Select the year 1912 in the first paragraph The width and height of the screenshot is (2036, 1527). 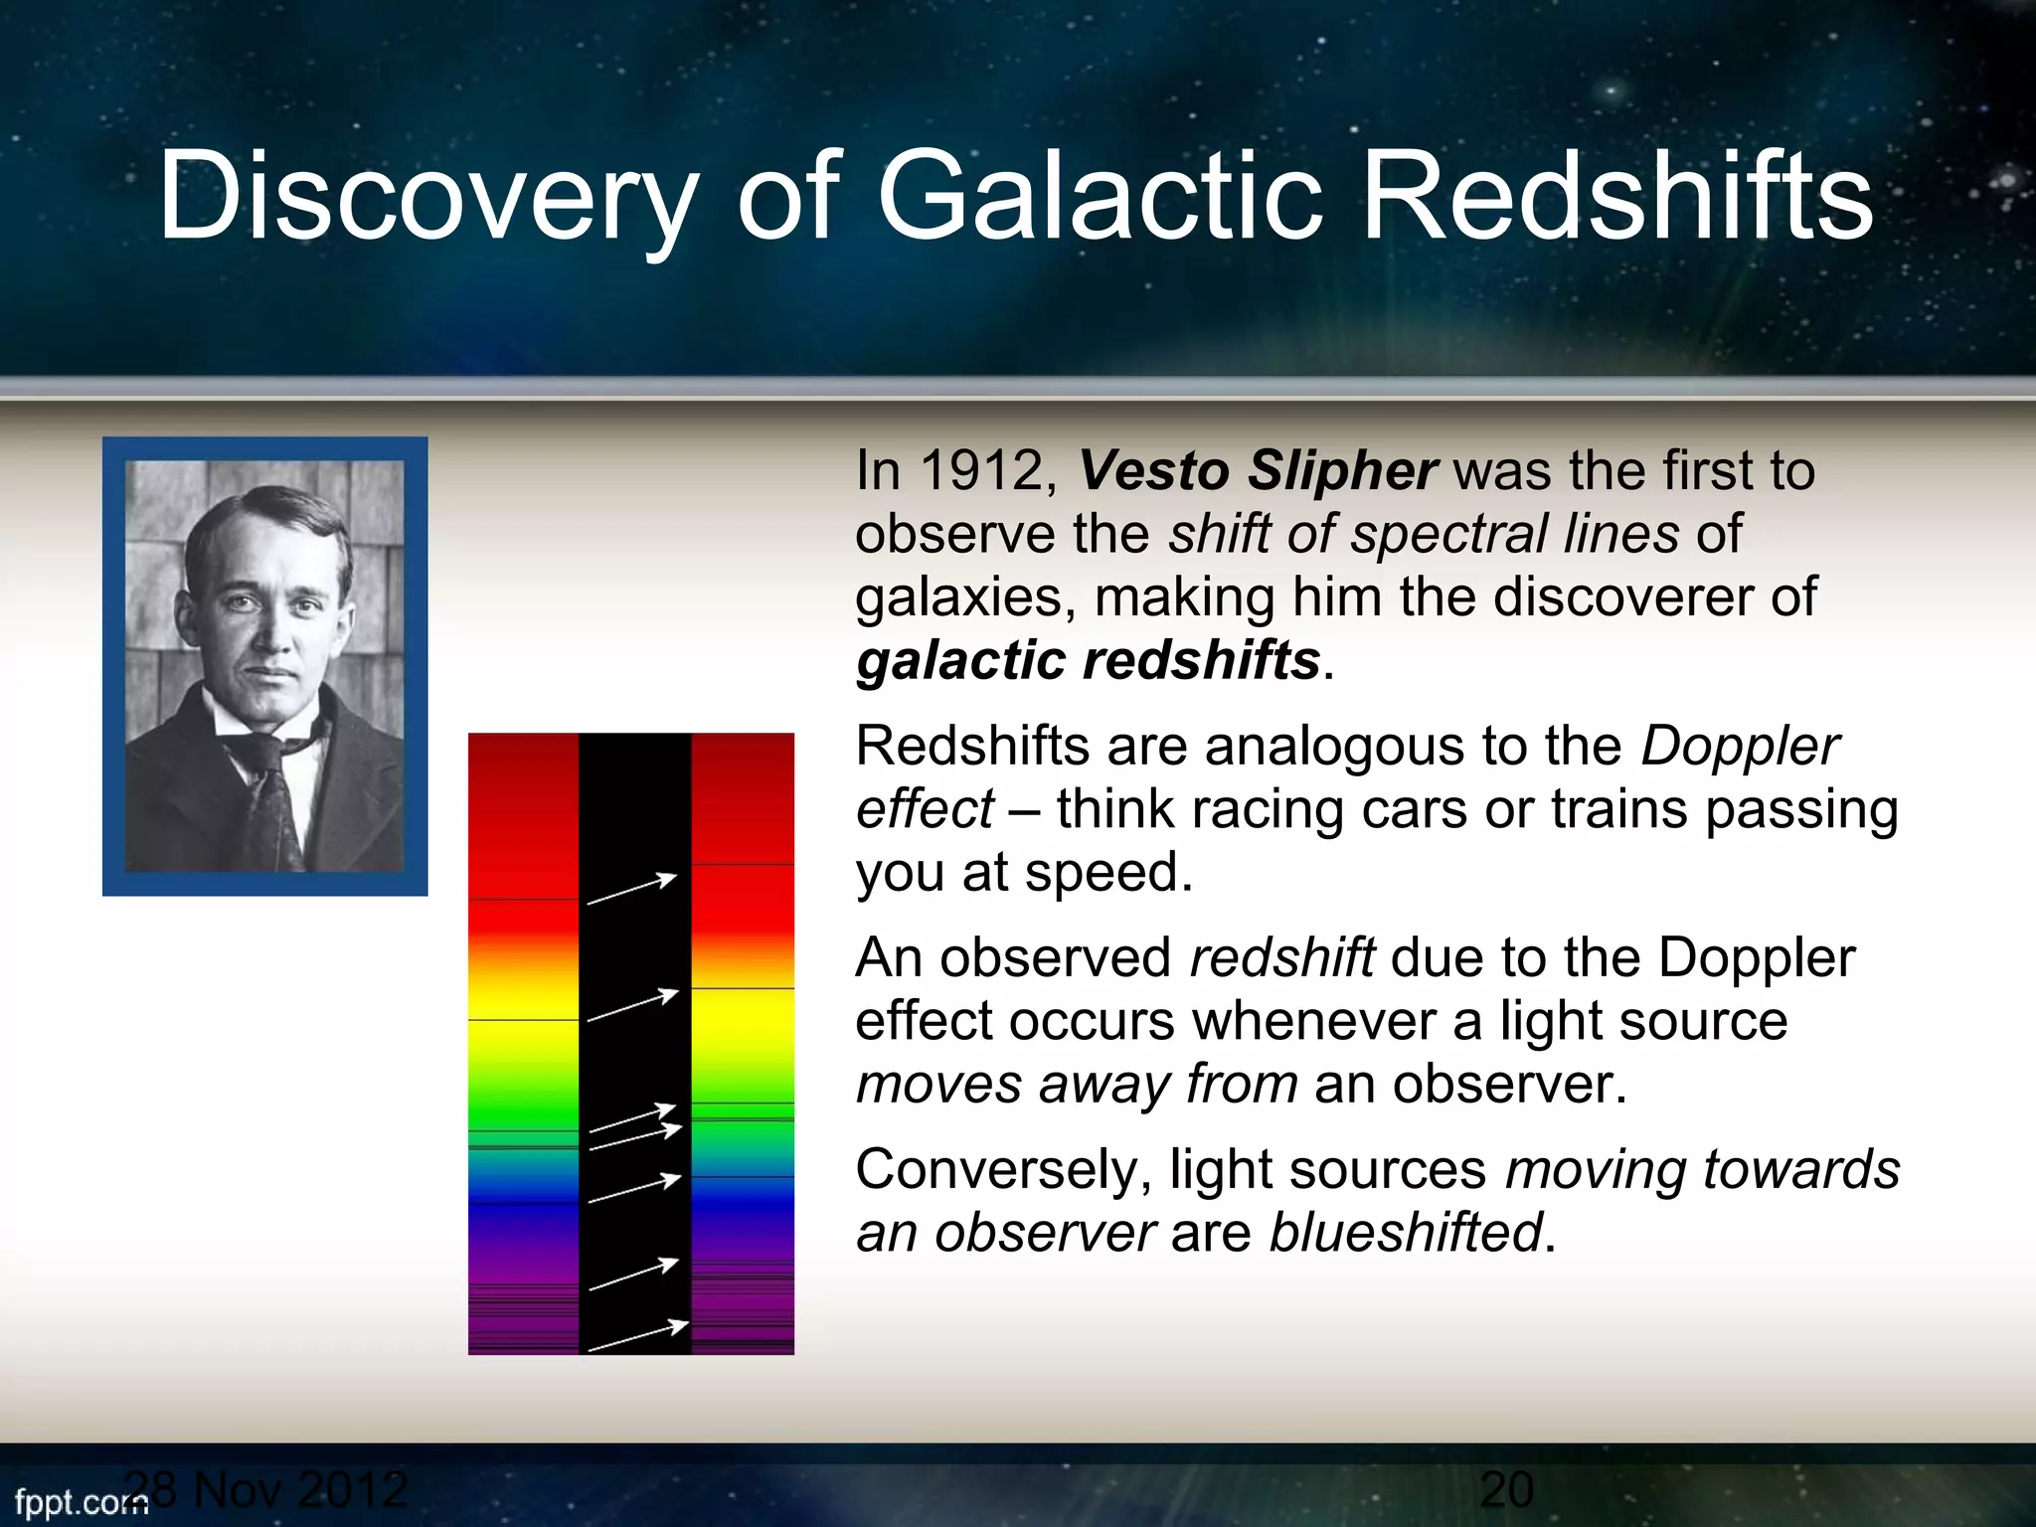coord(980,470)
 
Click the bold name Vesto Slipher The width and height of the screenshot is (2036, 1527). coord(1258,470)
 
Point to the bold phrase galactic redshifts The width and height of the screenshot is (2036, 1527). coord(1088,661)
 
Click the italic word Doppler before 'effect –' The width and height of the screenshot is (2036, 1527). coord(1740,747)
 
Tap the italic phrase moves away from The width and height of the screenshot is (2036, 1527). coord(1077,1084)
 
